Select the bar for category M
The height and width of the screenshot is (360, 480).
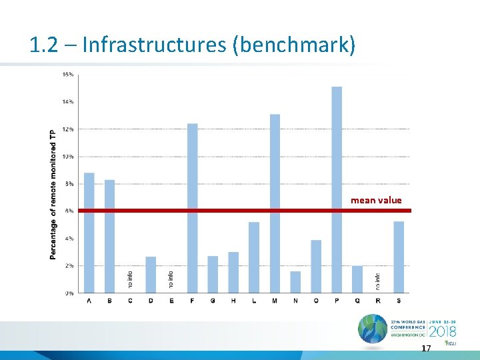275,203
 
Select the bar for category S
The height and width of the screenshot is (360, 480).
399,257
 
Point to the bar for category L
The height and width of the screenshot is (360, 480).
254,257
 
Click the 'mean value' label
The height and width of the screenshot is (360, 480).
376,200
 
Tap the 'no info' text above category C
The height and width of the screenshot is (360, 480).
131,279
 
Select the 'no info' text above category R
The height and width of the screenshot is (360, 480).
378,279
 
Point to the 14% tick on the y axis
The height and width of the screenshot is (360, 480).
68,101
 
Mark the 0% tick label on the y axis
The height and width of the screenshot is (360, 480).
69,293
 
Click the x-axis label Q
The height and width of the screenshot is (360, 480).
357,301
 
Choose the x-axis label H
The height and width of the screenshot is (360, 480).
233,301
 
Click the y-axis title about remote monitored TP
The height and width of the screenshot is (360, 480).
53,194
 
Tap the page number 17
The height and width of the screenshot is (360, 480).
426,349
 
